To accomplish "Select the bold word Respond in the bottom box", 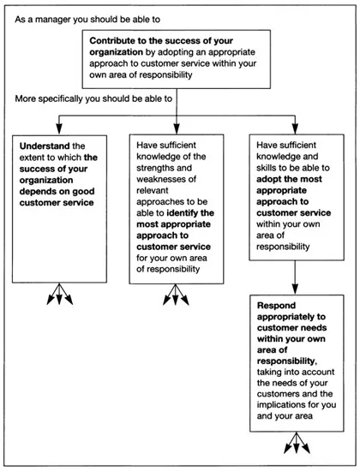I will coord(279,305).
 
